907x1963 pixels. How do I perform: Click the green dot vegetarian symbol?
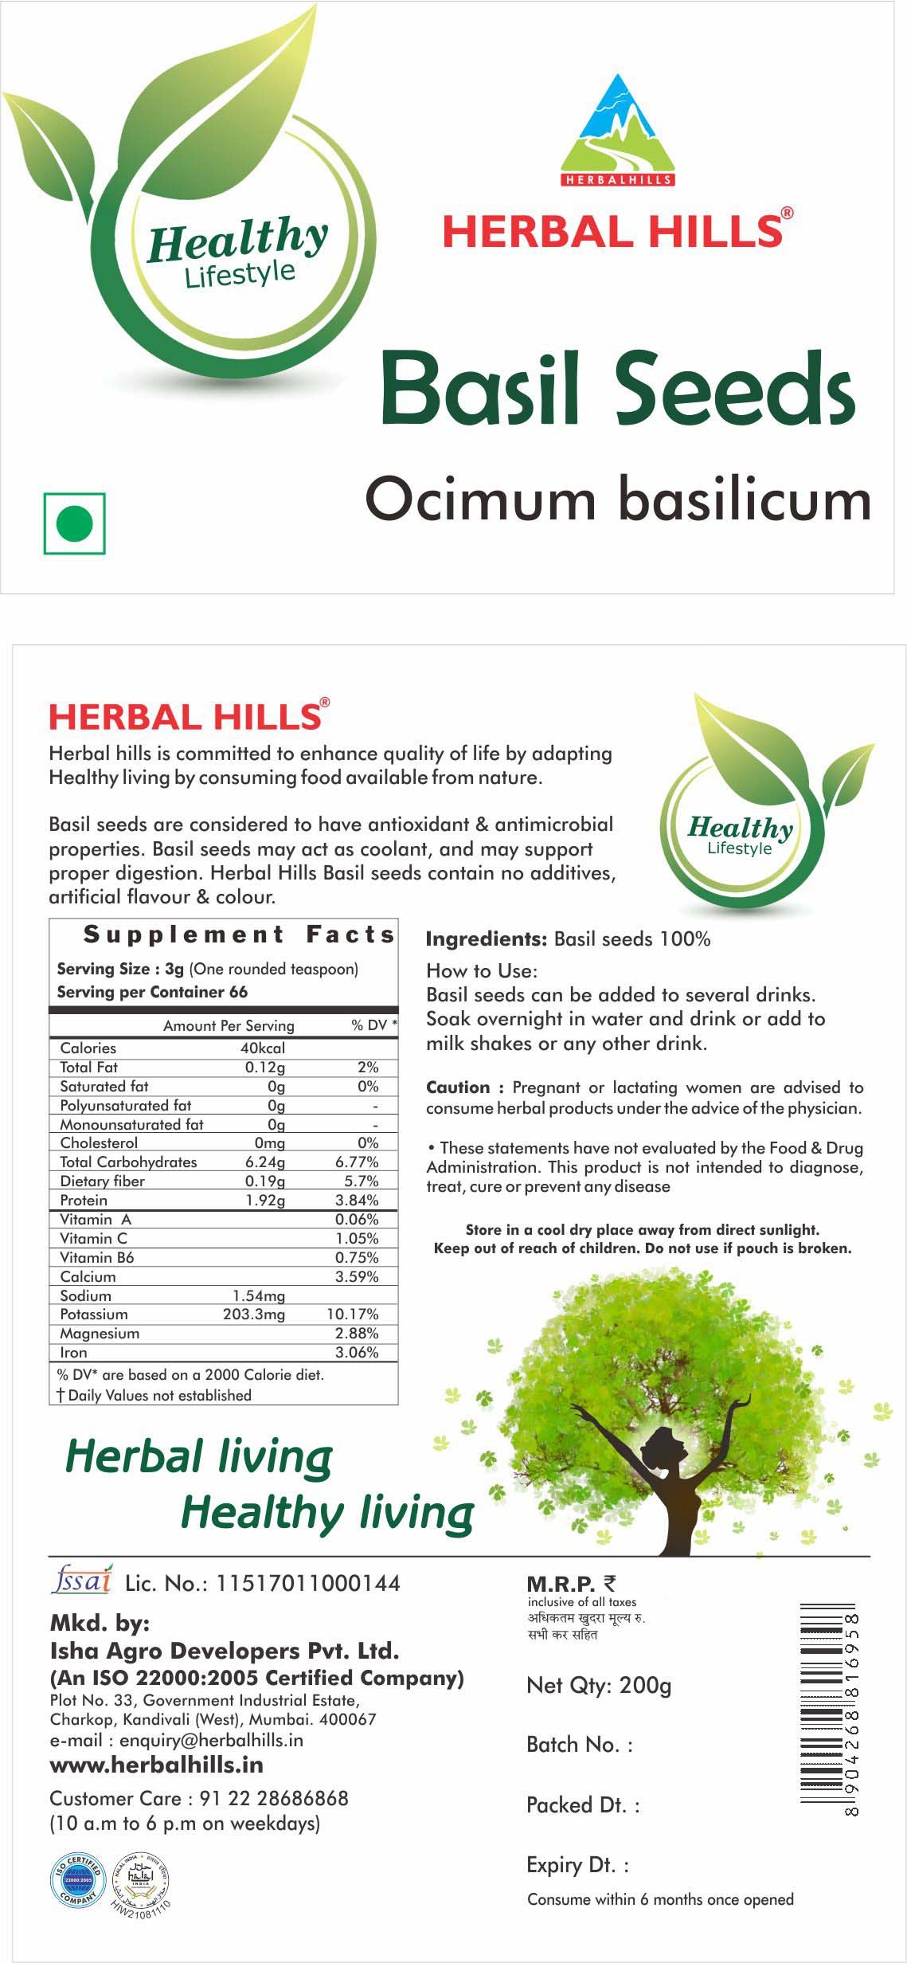pos(75,523)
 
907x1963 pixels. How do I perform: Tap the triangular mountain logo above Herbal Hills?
pos(618,127)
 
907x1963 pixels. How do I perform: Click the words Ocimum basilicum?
pos(618,500)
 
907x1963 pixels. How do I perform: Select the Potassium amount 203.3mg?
pos(254,1315)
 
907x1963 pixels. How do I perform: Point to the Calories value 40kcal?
pos(263,1048)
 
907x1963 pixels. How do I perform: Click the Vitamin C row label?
pos(93,1239)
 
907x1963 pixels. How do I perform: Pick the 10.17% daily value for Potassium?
pos(353,1315)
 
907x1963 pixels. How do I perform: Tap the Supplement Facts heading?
pos(239,934)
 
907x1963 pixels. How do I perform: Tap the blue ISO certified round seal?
pos(78,1881)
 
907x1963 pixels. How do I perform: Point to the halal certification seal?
pos(140,1881)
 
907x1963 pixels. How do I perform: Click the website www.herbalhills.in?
pos(156,1765)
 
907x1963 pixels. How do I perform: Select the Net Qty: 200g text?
pos(599,1686)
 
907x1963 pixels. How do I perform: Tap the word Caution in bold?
pos(458,1087)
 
